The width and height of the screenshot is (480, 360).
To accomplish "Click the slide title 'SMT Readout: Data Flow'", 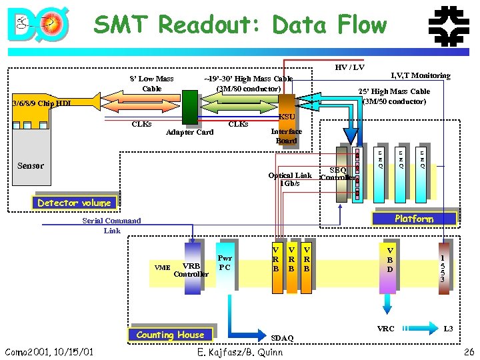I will coord(240,25).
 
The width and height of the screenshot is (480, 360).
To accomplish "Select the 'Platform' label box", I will coord(414,219).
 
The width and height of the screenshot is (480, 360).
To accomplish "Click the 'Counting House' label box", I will coord(170,335).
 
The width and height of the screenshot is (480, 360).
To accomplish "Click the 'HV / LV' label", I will coord(349,67).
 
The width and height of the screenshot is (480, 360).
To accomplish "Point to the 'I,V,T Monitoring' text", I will coord(420,76).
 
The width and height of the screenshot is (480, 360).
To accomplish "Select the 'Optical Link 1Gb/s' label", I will coord(289,179).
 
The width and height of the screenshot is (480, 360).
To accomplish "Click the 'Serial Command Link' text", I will coord(111,225).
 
